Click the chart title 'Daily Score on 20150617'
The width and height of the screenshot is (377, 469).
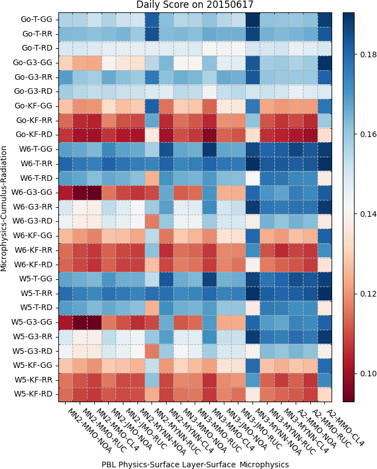[195, 5]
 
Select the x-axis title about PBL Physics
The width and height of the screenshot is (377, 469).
[195, 464]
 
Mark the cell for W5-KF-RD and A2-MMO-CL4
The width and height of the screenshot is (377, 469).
[325, 394]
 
